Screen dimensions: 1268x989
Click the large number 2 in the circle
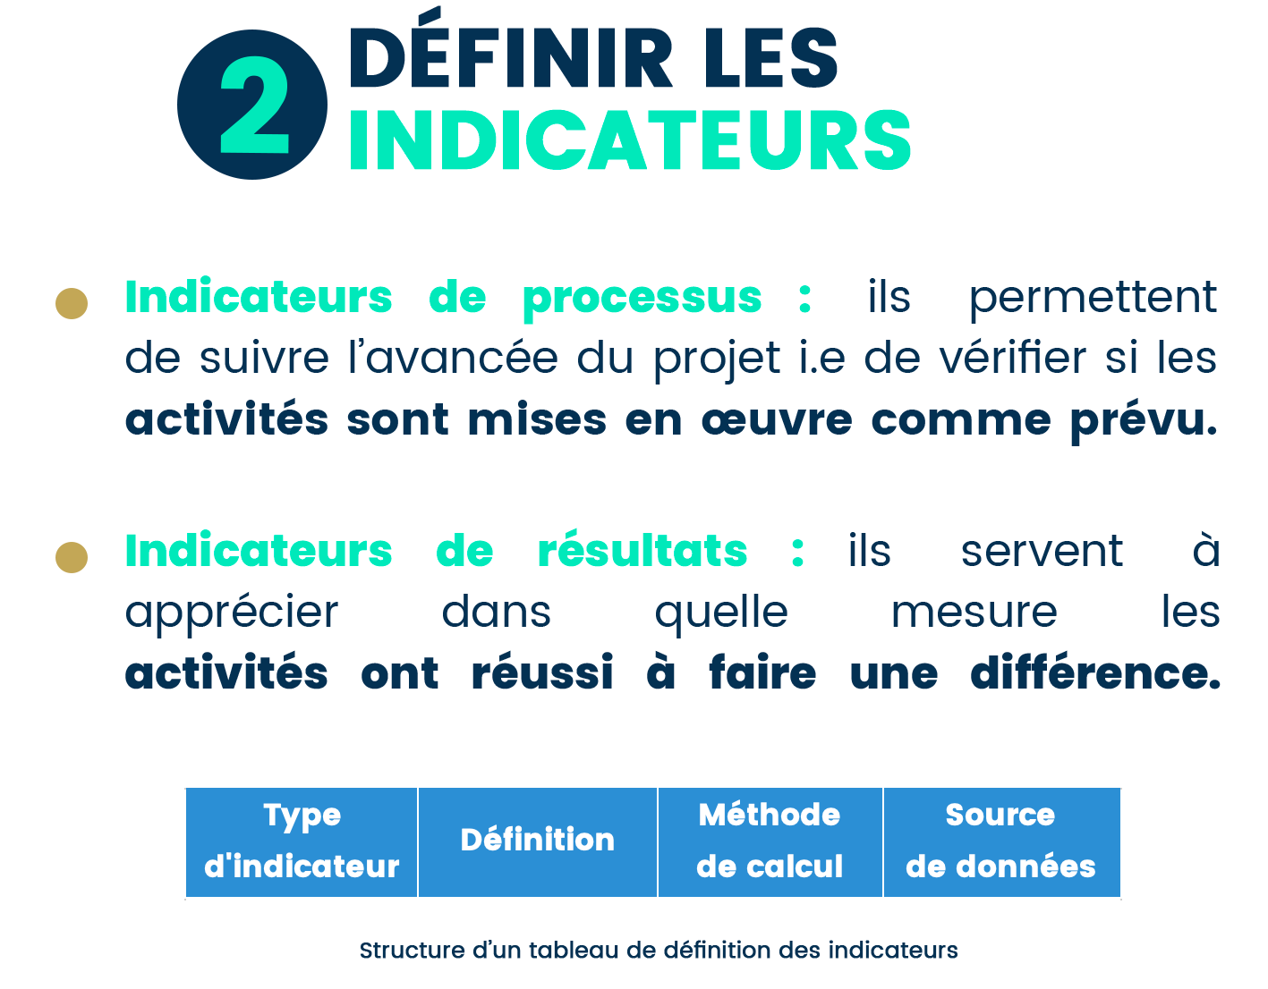click(x=254, y=105)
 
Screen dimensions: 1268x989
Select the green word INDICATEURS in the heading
click(x=630, y=140)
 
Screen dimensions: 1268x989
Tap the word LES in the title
click(x=770, y=58)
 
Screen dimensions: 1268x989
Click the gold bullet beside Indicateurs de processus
click(x=72, y=303)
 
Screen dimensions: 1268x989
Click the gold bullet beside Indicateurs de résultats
click(x=72, y=557)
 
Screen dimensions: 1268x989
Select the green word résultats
click(x=643, y=549)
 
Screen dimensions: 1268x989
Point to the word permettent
click(x=1093, y=299)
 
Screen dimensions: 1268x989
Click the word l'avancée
click(x=453, y=357)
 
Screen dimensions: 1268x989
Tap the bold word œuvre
click(x=777, y=420)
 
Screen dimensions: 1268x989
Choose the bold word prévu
click(x=1144, y=421)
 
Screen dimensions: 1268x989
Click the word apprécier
click(x=232, y=613)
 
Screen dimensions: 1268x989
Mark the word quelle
click(x=721, y=613)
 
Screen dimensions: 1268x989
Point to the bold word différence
click(x=1095, y=671)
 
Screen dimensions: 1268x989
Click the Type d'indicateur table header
click(x=302, y=841)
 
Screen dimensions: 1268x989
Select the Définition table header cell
click(x=538, y=841)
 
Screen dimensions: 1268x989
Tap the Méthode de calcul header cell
click(x=770, y=841)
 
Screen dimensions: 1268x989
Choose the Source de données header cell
click(x=1001, y=841)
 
